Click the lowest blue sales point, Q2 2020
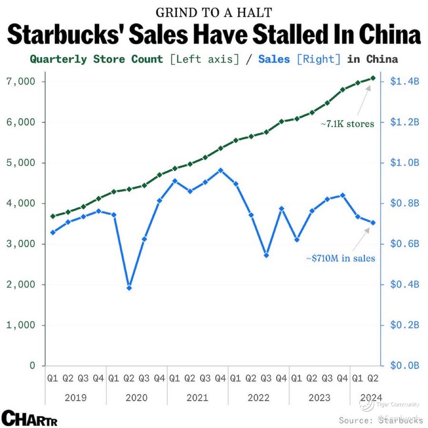tap(129, 288)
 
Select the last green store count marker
tap(373, 78)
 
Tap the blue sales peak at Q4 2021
tap(220, 170)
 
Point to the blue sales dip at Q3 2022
tap(266, 255)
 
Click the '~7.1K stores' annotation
tap(347, 124)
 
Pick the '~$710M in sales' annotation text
tap(341, 258)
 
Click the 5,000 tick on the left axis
tap(21, 163)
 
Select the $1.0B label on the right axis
tap(404, 163)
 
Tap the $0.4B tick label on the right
tap(404, 285)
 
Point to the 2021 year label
tap(197, 398)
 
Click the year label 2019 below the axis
tap(76, 398)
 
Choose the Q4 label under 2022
tap(281, 378)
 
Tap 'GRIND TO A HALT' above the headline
tap(214, 13)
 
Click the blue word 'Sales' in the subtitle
tap(274, 59)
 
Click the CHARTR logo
tap(30, 417)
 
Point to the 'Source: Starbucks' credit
tap(380, 420)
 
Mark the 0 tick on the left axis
tap(32, 366)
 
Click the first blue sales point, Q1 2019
tap(53, 232)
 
